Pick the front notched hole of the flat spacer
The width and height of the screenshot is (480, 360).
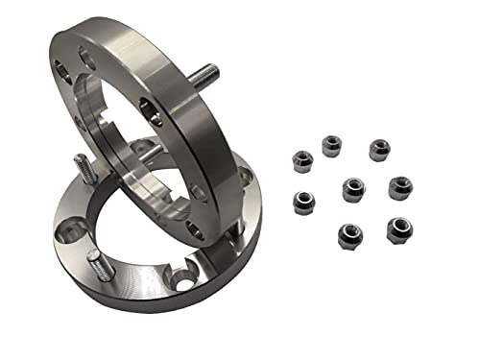(180, 278)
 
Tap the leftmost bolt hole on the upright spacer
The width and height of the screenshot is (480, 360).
(60, 69)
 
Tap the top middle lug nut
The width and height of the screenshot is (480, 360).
(331, 145)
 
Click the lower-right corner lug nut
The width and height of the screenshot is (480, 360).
(396, 228)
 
